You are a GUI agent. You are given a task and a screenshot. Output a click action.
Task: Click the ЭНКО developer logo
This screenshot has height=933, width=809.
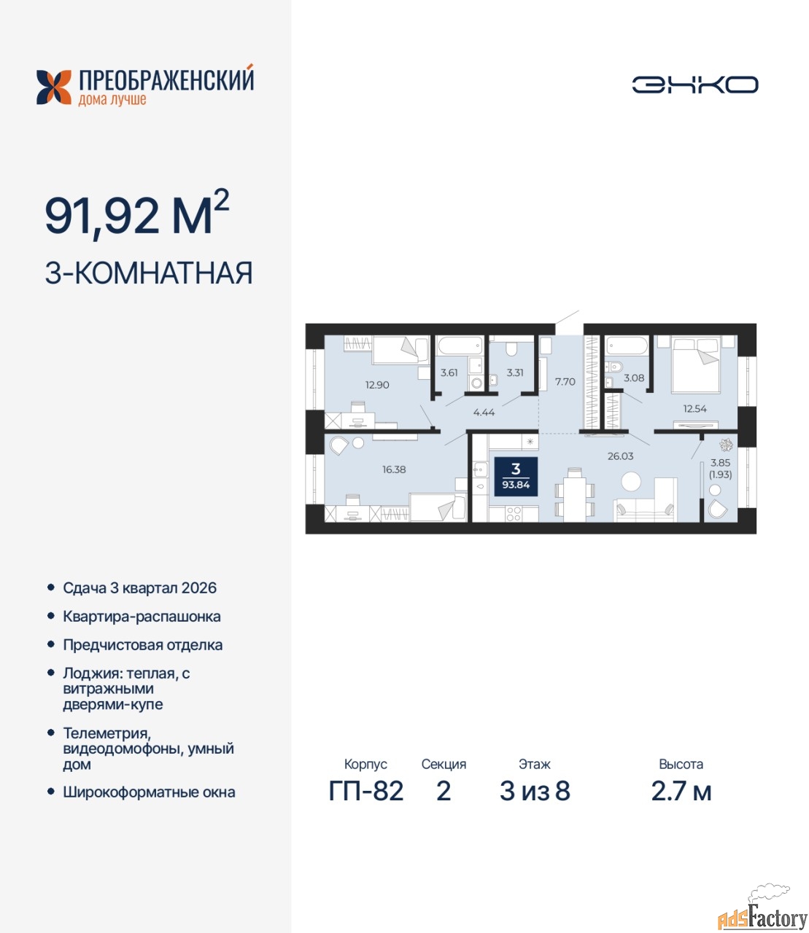694,85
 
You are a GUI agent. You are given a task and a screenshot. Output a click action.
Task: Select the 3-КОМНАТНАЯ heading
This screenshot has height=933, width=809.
149,273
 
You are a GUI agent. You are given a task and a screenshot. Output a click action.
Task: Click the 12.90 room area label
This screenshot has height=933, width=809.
377,385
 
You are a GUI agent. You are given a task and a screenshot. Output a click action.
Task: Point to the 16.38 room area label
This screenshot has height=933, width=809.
394,469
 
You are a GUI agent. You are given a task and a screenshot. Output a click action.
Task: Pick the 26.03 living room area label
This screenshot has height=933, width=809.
620,456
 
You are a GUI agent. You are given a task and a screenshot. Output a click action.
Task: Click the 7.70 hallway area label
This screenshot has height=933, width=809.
565,381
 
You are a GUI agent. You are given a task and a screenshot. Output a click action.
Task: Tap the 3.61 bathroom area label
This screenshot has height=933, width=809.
449,372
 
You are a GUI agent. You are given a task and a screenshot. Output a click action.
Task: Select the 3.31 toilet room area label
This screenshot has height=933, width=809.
515,372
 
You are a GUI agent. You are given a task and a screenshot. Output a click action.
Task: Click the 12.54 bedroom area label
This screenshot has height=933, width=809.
694,408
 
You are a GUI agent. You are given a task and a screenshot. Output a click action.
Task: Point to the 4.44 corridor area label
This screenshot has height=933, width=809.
484,412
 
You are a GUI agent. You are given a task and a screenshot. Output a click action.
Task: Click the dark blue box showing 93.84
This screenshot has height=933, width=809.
516,476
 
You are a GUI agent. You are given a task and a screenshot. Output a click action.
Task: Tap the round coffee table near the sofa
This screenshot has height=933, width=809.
631,481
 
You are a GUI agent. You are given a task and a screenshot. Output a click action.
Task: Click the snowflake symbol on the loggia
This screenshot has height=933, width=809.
727,445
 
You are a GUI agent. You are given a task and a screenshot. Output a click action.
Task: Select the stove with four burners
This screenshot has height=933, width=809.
514,514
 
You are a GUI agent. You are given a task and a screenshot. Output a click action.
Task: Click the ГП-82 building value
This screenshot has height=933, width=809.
366,792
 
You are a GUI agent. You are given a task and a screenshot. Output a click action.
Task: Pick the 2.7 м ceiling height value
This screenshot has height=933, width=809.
681,792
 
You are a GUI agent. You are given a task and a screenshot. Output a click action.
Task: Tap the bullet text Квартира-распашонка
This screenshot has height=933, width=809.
142,617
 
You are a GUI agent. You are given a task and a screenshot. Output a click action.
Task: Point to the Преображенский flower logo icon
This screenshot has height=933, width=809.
54,87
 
